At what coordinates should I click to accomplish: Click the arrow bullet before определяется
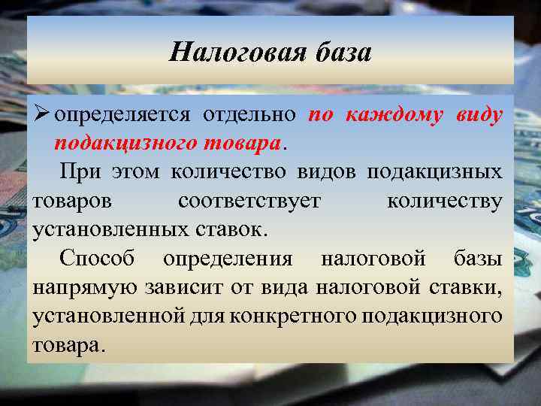click(x=42, y=115)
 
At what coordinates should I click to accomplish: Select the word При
click(x=80, y=171)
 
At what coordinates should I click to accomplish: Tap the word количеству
click(x=444, y=201)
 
